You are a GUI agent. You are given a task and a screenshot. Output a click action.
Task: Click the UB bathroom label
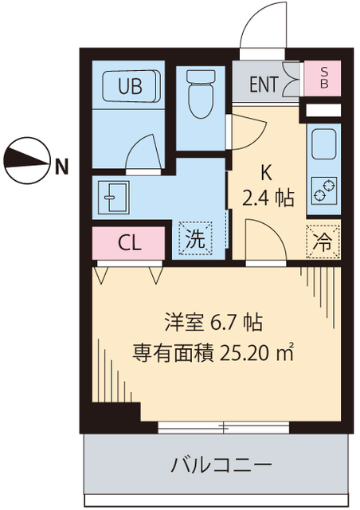pos(131,87)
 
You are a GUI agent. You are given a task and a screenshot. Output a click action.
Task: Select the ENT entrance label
pos(264,84)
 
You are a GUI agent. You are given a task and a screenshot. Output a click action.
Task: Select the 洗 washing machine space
pos(195,236)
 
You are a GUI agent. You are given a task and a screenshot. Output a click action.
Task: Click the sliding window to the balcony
pos(223,428)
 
